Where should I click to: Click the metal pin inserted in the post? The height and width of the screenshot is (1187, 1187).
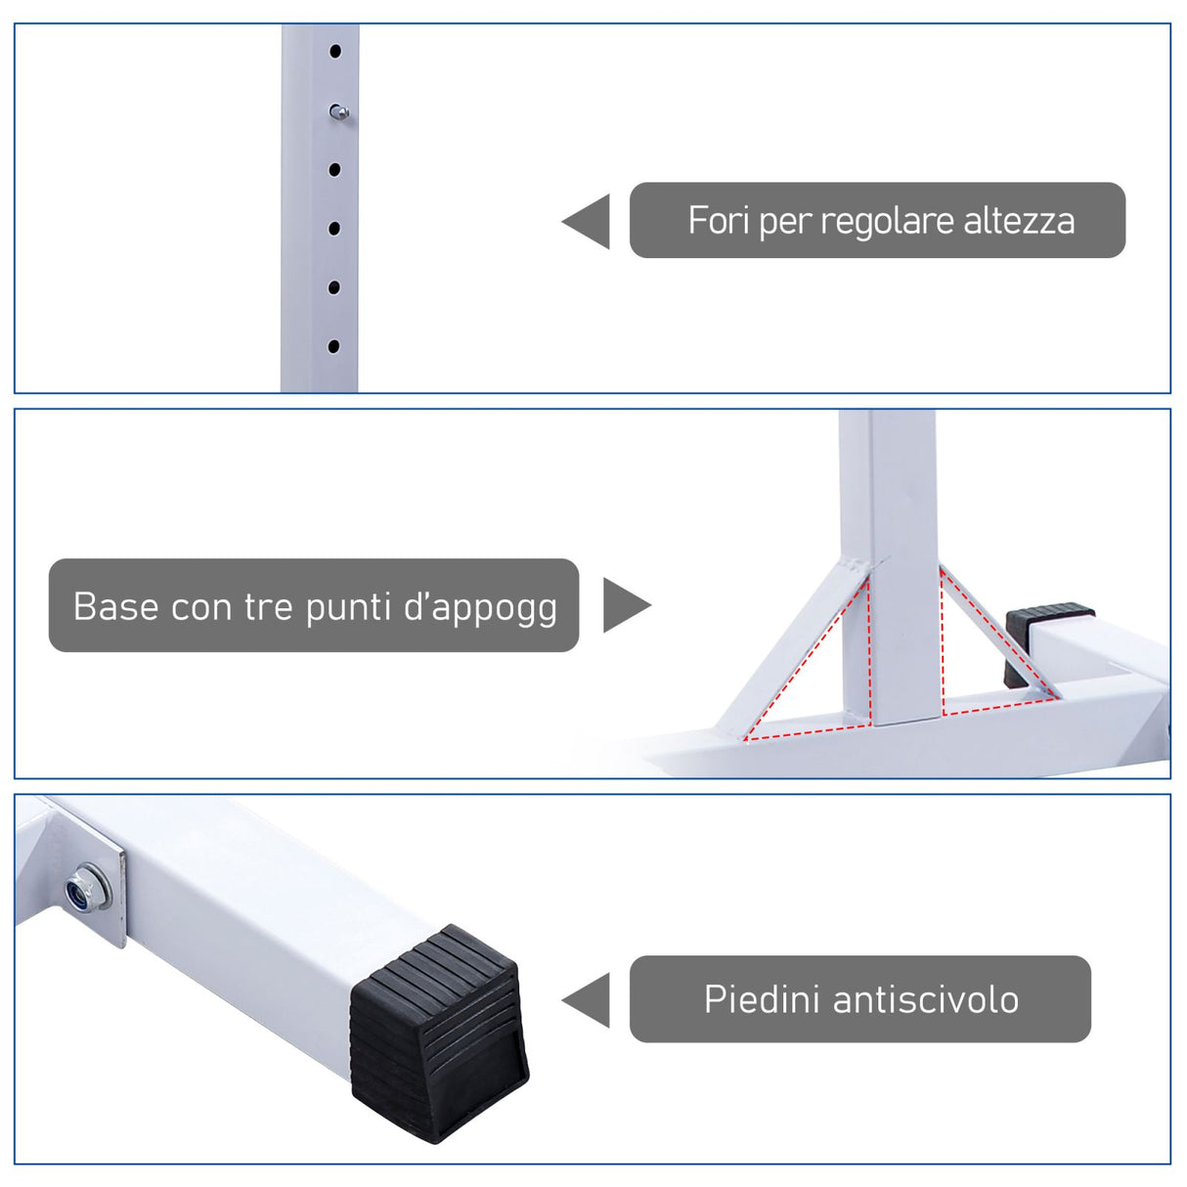click(x=338, y=112)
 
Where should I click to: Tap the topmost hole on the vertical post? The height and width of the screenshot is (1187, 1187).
click(x=335, y=51)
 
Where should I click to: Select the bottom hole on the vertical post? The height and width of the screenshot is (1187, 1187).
click(x=333, y=346)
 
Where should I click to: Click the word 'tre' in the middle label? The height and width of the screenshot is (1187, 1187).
click(x=269, y=607)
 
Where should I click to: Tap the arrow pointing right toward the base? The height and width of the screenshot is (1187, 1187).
click(x=624, y=605)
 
